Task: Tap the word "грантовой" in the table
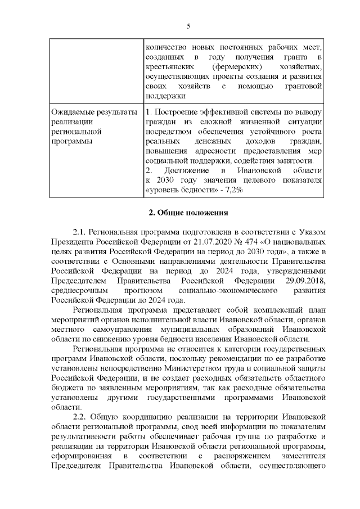pyautogui.click(x=304, y=86)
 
